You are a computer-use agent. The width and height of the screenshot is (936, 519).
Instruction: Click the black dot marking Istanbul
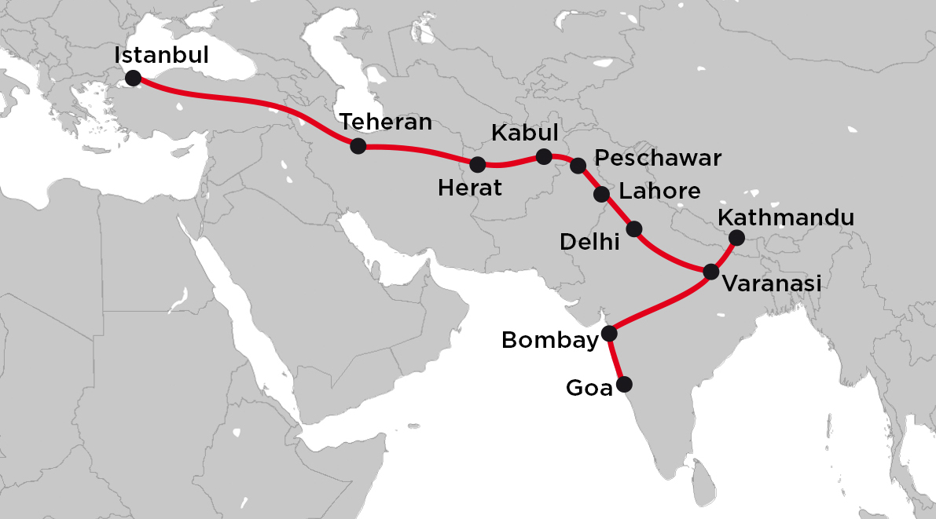click(133, 78)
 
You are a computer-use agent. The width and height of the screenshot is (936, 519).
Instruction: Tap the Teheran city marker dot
click(358, 145)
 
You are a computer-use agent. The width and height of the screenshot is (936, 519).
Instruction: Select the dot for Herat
click(477, 164)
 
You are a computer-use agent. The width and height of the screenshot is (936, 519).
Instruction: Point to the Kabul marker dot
click(543, 156)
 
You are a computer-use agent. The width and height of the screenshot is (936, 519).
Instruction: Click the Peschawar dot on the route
click(578, 165)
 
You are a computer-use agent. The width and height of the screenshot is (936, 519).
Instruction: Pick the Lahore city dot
click(602, 194)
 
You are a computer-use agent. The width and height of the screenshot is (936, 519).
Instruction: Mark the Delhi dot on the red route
click(634, 229)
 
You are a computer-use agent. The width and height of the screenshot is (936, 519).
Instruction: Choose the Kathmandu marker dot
click(736, 237)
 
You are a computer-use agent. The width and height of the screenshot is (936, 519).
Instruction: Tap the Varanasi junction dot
click(710, 272)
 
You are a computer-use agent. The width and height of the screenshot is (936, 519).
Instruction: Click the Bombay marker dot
click(609, 334)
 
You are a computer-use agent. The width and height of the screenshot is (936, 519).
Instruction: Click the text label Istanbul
click(161, 56)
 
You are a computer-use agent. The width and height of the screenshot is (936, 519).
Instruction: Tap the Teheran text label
click(386, 122)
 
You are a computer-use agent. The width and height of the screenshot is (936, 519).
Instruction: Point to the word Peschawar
click(658, 159)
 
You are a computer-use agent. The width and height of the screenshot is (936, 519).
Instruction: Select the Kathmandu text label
click(786, 217)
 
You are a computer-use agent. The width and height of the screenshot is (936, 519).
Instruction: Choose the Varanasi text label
click(771, 283)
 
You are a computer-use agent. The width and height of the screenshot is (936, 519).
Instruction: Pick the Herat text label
click(470, 188)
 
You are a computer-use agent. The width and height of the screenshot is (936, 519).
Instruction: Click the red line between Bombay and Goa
click(617, 359)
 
